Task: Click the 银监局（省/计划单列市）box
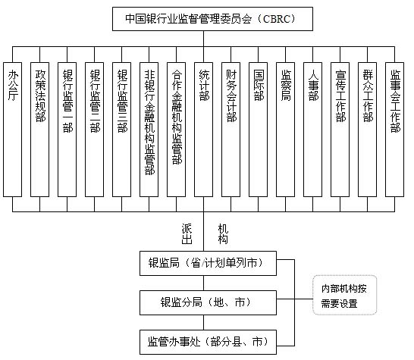(x=205, y=264)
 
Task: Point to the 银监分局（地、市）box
(x=205, y=302)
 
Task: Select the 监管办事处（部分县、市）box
(x=205, y=342)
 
